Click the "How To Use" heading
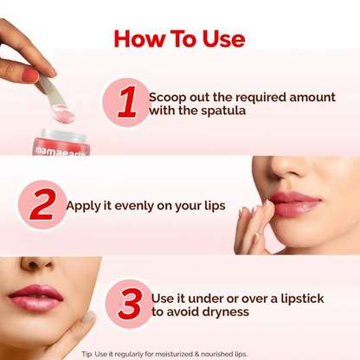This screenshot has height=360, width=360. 179,39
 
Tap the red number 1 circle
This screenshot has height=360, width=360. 126,102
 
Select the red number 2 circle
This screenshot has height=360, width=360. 42,206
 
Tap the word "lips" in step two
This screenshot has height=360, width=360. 210,207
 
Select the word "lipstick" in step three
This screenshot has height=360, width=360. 299,299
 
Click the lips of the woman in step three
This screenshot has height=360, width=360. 35,299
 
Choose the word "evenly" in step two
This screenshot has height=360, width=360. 133,207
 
